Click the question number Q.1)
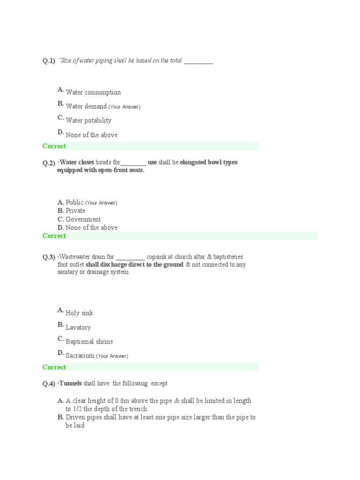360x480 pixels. pyautogui.click(x=49, y=61)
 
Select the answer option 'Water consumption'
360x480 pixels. pyautogui.click(x=93, y=92)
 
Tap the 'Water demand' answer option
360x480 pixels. pyautogui.click(x=86, y=106)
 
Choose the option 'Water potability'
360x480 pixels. pyautogui.click(x=89, y=120)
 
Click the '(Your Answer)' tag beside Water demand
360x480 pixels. pyautogui.click(x=124, y=107)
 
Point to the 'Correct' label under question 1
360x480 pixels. pyautogui.click(x=54, y=146)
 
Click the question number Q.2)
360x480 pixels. pyautogui.click(x=49, y=163)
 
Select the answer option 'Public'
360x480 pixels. pyautogui.click(x=75, y=202)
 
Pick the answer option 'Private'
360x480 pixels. pyautogui.click(x=75, y=211)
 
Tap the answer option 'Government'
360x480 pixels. pyautogui.click(x=83, y=219)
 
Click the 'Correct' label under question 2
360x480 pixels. pyautogui.click(x=54, y=236)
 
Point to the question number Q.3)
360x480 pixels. pyautogui.click(x=49, y=257)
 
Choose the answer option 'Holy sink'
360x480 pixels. pyautogui.click(x=79, y=313)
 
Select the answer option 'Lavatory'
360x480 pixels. pyautogui.click(x=78, y=328)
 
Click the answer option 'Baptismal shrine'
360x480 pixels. pyautogui.click(x=89, y=342)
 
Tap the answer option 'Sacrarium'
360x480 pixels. pyautogui.click(x=80, y=356)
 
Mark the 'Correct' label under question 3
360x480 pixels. pyautogui.click(x=54, y=367)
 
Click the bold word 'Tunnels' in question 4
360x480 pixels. pyautogui.click(x=70, y=383)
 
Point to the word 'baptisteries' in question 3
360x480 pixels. pyautogui.click(x=228, y=257)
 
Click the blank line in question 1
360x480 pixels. pyautogui.click(x=198, y=62)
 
